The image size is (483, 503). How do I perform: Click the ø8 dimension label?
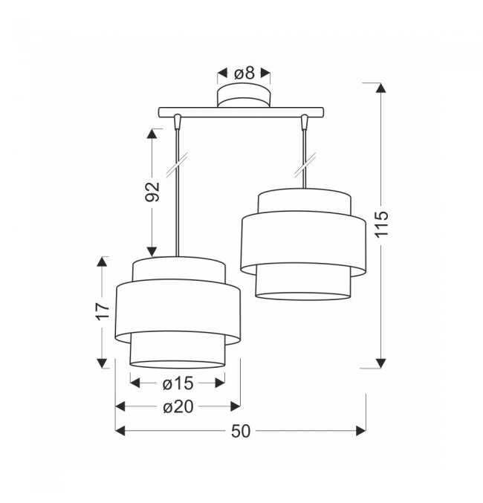(x=244, y=73)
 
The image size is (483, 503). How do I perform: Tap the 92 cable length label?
(x=152, y=192)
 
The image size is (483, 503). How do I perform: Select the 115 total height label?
(x=382, y=224)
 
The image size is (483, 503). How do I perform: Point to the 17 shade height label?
(x=103, y=311)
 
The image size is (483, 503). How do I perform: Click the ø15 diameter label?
(x=178, y=383)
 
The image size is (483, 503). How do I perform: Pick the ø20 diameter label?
(x=178, y=407)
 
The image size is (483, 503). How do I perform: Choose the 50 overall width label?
(x=240, y=431)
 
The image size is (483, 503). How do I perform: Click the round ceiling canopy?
(x=244, y=95)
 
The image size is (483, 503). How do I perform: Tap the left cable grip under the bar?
(x=177, y=122)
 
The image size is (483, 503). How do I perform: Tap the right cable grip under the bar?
(x=305, y=122)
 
